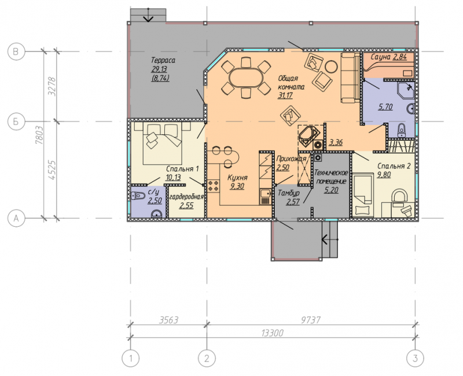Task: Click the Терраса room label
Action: point(163,61)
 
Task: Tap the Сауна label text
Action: point(381,57)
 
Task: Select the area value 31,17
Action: point(285,95)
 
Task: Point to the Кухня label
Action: point(237,178)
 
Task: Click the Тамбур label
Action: point(289,193)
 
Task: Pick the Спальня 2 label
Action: point(394,166)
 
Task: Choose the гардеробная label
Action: point(186,197)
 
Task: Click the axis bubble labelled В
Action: point(16,51)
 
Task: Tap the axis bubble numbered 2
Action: point(207,359)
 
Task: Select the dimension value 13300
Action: point(272,333)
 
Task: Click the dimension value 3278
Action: point(52,86)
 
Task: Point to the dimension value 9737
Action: point(311,320)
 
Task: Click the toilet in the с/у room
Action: point(137,196)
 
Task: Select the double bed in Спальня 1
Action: point(162,143)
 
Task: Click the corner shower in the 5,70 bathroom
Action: point(406,91)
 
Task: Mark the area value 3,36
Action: point(336,142)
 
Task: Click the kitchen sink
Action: point(266,194)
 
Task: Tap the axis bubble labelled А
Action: point(16,219)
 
